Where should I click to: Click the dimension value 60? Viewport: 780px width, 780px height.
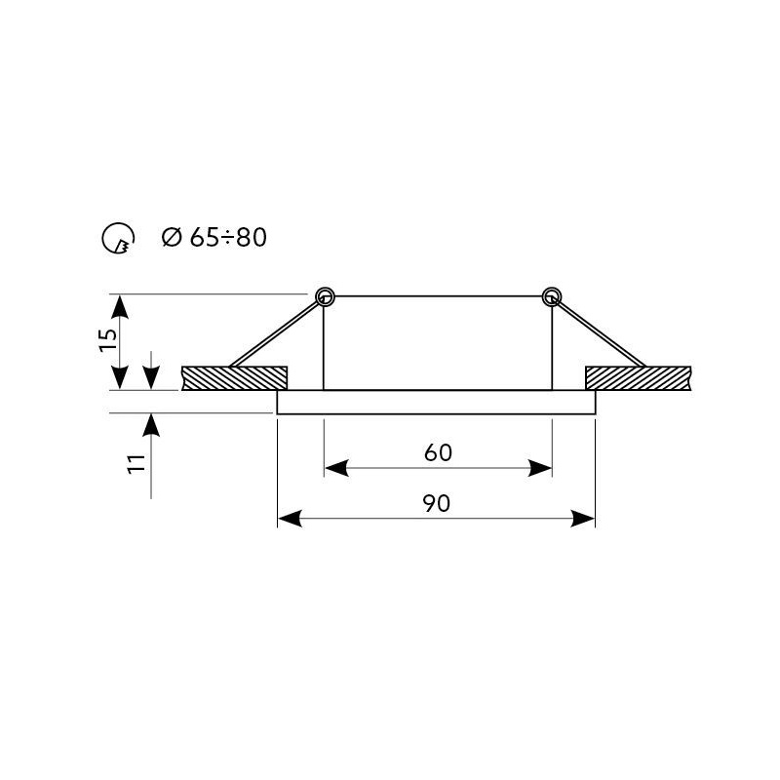click(x=438, y=452)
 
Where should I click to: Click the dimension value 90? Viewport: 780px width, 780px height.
click(x=437, y=503)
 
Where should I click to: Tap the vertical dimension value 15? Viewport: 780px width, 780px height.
click(x=108, y=340)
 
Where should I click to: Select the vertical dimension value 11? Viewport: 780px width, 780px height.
click(x=136, y=464)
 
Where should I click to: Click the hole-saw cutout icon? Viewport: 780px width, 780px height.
click(x=118, y=238)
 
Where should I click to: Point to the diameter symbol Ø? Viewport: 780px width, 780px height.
click(x=173, y=237)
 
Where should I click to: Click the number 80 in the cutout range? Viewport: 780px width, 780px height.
click(x=252, y=237)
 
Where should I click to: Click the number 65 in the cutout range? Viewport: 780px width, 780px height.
click(x=205, y=237)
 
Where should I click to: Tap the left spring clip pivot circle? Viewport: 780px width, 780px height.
click(x=326, y=297)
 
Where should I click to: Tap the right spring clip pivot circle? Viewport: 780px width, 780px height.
click(x=551, y=297)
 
